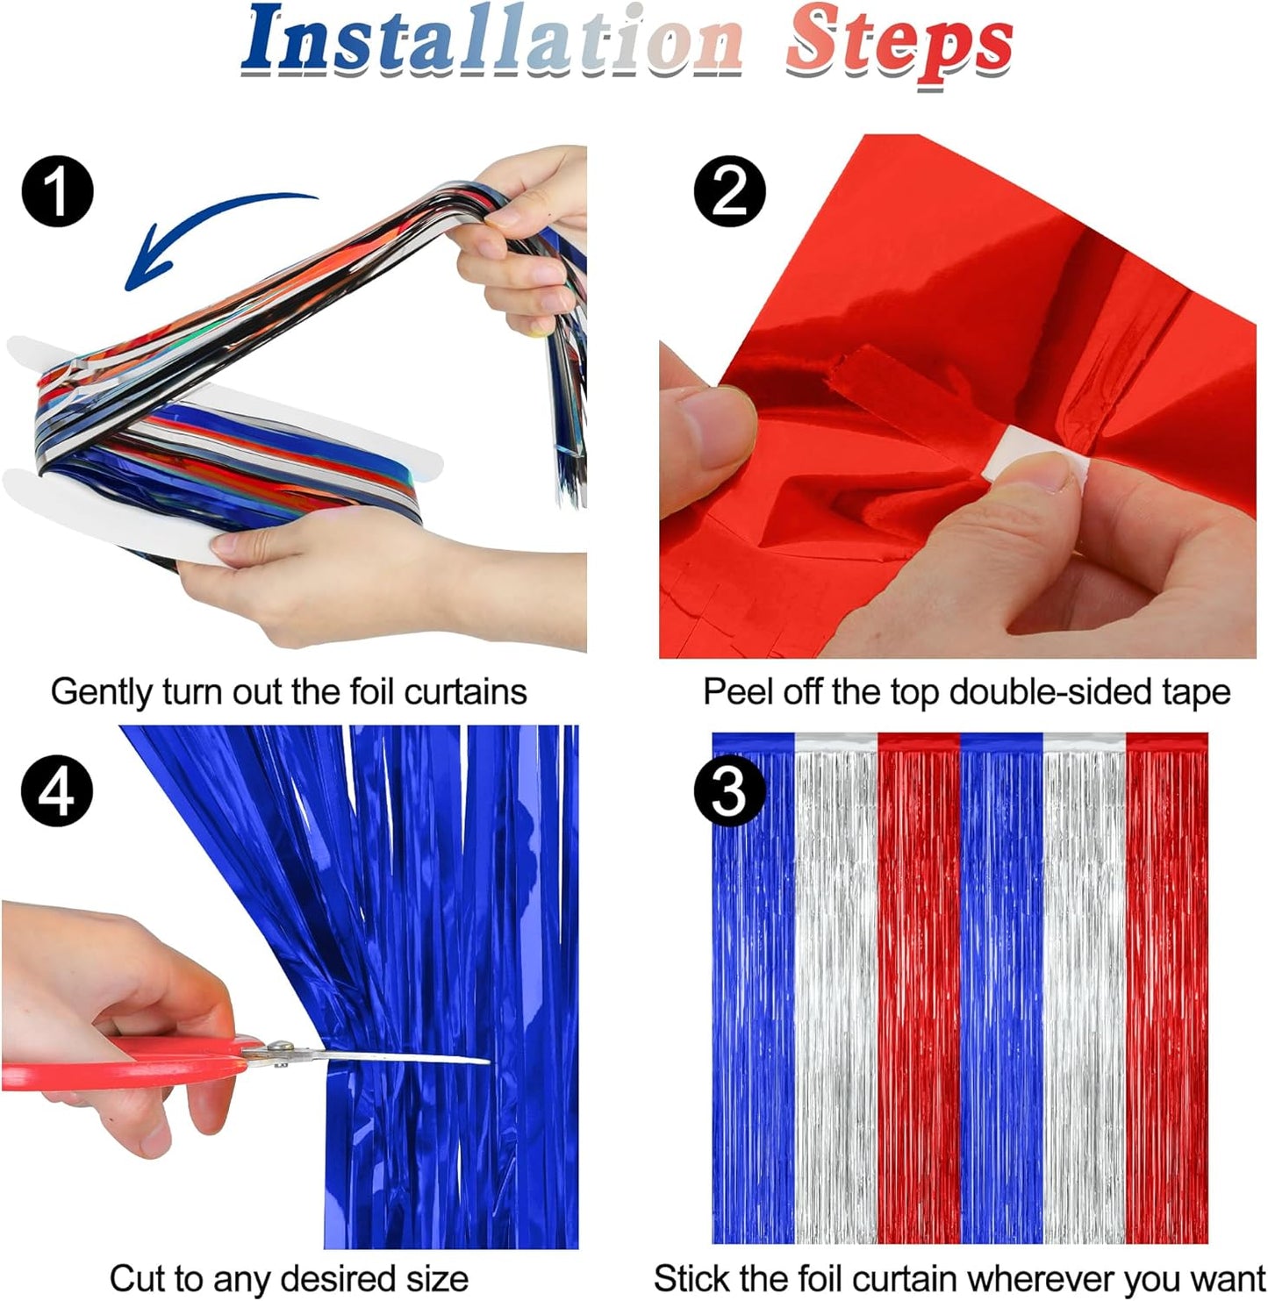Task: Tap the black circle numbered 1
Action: click(57, 191)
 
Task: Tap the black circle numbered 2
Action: click(729, 191)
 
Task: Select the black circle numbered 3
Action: click(729, 791)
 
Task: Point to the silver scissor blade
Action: click(404, 1058)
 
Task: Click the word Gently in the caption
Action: click(101, 693)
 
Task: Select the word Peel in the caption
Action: click(737, 693)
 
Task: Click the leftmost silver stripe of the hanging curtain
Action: click(835, 991)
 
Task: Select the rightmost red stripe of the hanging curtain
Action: click(1167, 991)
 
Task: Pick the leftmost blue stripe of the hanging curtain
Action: click(753, 991)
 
